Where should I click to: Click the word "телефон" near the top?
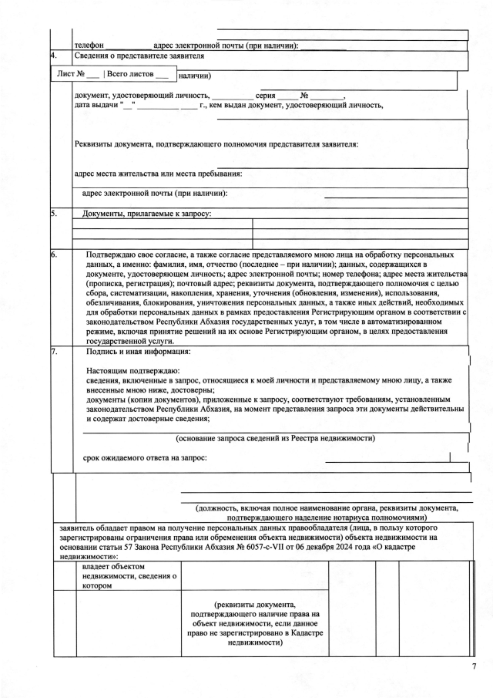89,46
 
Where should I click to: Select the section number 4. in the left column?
52,56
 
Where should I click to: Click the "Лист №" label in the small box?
71,76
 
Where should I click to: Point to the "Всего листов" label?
129,76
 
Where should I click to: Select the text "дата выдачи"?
96,105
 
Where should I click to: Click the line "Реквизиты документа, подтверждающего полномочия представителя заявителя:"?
216,144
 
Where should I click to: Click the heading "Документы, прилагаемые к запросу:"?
146,213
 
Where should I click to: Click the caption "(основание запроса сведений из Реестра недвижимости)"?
275,439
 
